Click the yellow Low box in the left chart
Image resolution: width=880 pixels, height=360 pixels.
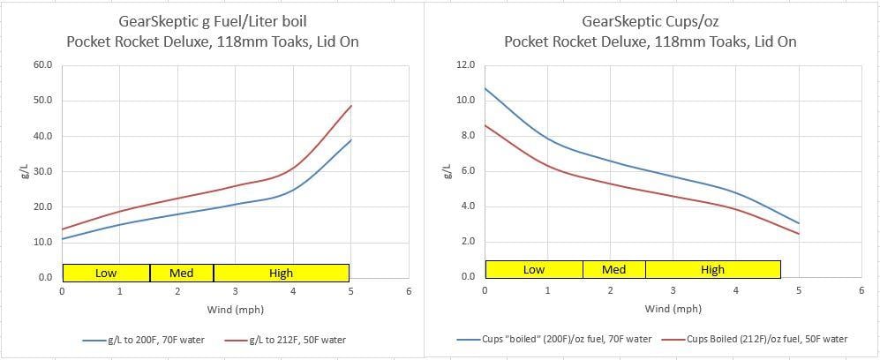pyautogui.click(x=106, y=273)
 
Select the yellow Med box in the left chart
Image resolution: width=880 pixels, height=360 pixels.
pyautogui.click(x=182, y=273)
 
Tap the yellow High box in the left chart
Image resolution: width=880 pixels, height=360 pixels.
pyautogui.click(x=281, y=273)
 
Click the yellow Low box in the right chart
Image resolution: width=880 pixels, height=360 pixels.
pyautogui.click(x=534, y=269)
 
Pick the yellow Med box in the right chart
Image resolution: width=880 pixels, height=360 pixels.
pyautogui.click(x=613, y=269)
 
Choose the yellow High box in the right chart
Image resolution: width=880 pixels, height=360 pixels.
pyautogui.click(x=712, y=269)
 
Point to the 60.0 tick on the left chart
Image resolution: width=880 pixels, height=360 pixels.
pyautogui.click(x=42, y=65)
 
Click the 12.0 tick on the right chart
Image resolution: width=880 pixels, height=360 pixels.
pyautogui.click(x=465, y=65)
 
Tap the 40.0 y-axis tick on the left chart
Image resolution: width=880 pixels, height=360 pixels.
pyautogui.click(x=42, y=136)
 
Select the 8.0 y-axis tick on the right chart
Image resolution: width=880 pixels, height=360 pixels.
pyautogui.click(x=465, y=136)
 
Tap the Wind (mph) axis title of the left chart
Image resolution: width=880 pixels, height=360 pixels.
pyautogui.click(x=235, y=309)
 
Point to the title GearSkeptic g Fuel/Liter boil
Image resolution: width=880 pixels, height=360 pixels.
pyautogui.click(x=214, y=22)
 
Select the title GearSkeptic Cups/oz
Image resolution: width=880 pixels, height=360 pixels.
pyautogui.click(x=650, y=22)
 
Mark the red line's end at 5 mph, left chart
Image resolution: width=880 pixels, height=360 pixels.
pyautogui.click(x=351, y=106)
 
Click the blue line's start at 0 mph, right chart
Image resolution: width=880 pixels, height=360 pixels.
pyautogui.click(x=485, y=87)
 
